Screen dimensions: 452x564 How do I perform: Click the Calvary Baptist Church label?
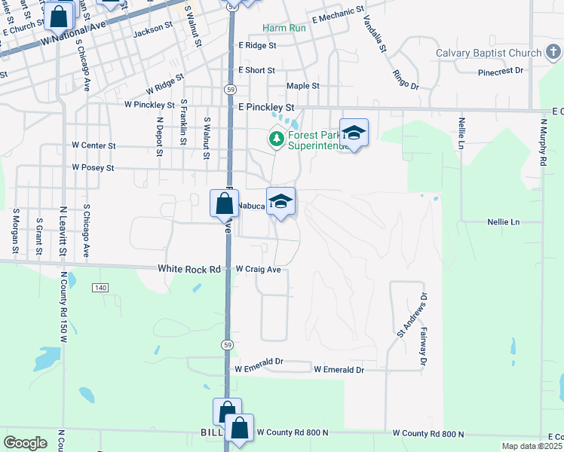pos(489,53)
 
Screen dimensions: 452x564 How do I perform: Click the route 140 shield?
pos(100,288)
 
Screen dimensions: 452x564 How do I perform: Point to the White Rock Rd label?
pos(189,269)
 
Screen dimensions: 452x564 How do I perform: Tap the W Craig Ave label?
pos(258,269)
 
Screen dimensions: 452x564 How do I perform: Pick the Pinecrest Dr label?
pos(501,71)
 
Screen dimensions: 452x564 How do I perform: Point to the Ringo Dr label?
pos(405,79)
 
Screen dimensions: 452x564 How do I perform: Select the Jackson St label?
pos(149,33)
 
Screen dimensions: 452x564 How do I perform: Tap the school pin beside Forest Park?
pos(354,133)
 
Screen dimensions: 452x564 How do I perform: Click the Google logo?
pos(26,443)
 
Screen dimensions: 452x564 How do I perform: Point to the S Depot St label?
pos(159,137)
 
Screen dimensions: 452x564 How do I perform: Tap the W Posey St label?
pos(93,167)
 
